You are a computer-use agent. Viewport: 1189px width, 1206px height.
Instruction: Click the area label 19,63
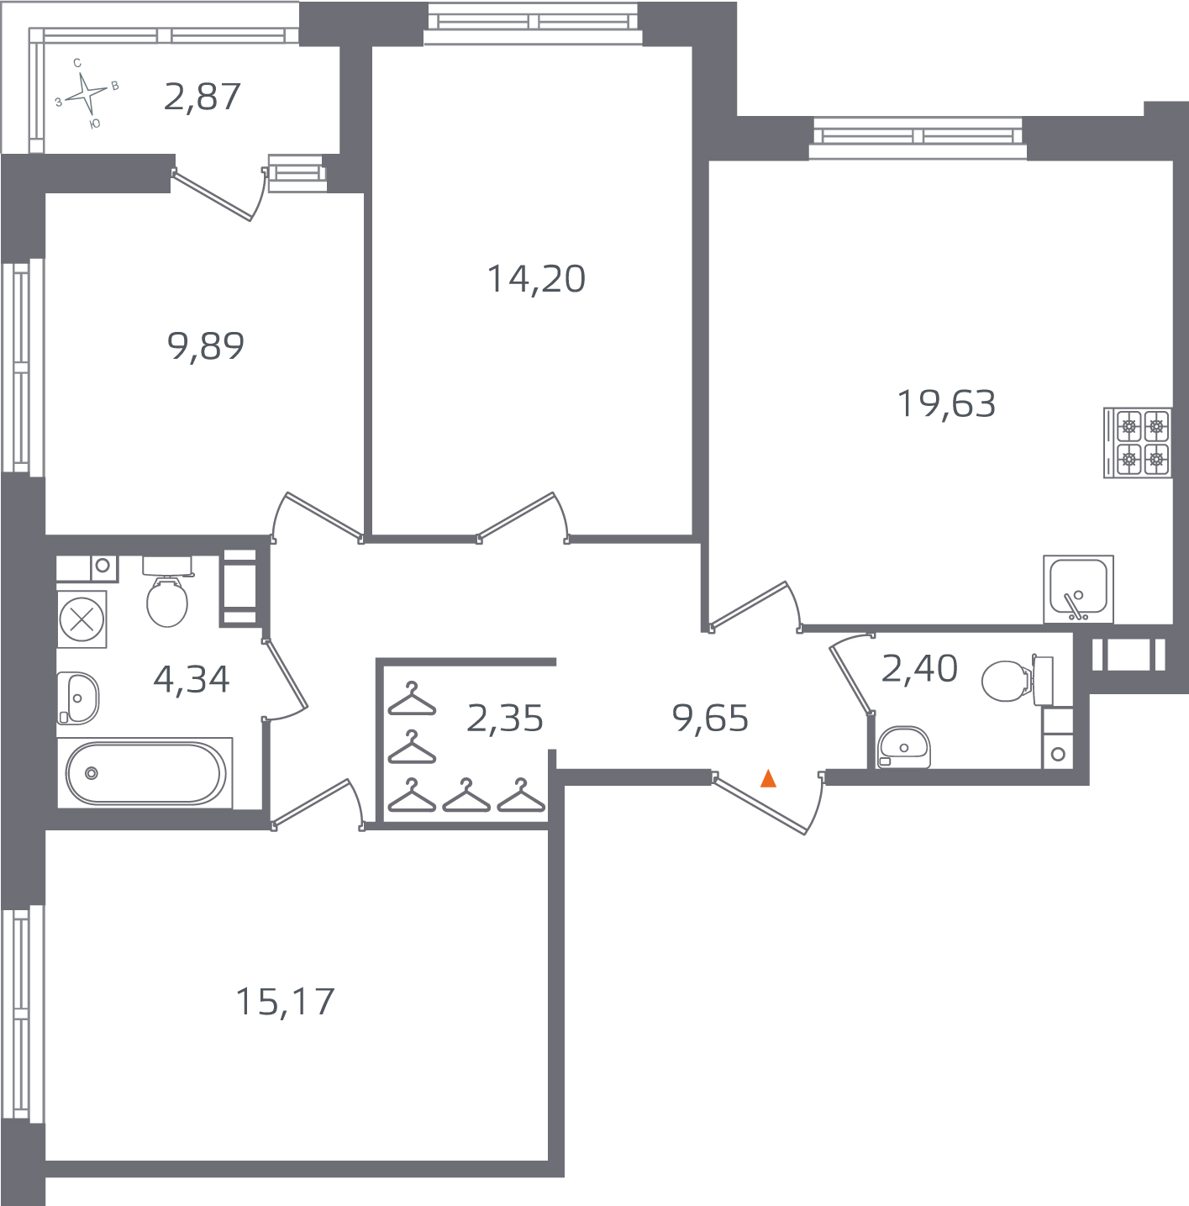pos(946,404)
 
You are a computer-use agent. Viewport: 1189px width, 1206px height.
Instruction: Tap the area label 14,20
pos(536,279)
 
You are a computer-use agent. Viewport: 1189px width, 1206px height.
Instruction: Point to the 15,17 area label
pos(285,1002)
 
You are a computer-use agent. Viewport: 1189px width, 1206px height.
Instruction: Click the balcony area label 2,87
pos(203,97)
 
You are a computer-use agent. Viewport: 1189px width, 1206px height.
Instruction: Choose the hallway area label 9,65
pos(710,719)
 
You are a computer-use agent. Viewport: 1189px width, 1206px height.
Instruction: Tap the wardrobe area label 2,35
pos(504,719)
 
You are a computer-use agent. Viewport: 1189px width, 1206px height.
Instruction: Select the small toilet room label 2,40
pos(919,669)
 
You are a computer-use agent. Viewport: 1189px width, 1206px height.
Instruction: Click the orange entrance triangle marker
pos(768,779)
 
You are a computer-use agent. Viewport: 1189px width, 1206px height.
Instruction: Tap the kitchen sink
pos(1078,589)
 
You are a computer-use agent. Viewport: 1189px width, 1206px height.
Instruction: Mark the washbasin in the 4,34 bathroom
pos(77,698)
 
